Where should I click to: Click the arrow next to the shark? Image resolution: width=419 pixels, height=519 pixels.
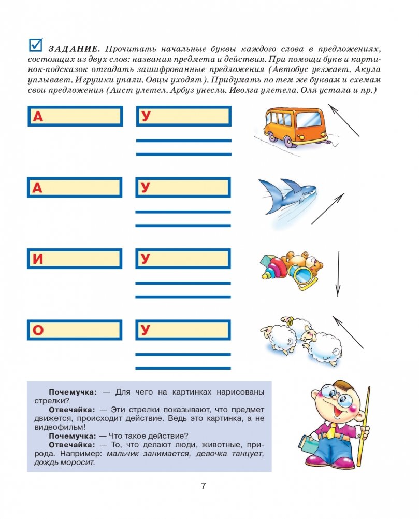[328, 208]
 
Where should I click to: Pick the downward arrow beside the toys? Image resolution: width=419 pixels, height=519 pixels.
[338, 273]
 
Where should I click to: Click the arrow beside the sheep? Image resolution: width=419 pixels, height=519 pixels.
[348, 332]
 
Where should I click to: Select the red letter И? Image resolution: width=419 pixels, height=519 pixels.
[38, 259]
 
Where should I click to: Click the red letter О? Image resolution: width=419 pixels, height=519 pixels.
[38, 330]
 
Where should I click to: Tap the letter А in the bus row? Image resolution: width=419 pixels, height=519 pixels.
[38, 117]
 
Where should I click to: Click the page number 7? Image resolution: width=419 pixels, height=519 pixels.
[204, 486]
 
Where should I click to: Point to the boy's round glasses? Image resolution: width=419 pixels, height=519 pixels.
[331, 399]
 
